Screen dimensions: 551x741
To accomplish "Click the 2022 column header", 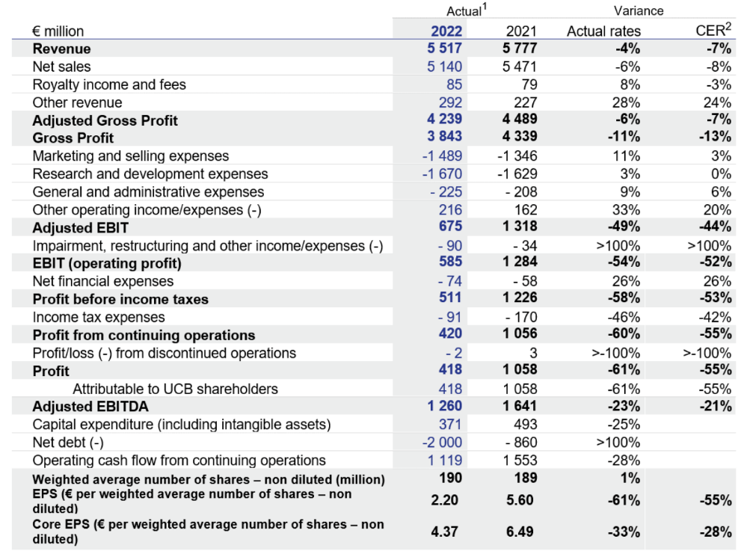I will (x=446, y=31).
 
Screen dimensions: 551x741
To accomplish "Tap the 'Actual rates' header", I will (x=603, y=31).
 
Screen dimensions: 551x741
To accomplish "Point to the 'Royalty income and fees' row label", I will (x=109, y=84).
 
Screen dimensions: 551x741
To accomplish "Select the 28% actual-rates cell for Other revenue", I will (x=625, y=102).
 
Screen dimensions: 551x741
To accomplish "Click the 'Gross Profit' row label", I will (x=73, y=138).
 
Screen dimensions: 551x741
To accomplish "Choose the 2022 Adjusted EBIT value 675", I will (x=451, y=227).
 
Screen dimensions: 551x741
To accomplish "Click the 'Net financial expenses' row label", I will (x=103, y=281).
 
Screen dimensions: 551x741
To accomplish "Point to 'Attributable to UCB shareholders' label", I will (x=175, y=389).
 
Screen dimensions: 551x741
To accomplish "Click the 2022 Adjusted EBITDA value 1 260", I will (x=446, y=407).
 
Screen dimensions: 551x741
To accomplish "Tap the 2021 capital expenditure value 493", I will (x=526, y=425).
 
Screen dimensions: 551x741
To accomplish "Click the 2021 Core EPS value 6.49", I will (x=520, y=532).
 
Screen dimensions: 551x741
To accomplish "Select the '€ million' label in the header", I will (x=58, y=31).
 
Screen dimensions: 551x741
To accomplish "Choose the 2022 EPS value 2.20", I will (x=446, y=500).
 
